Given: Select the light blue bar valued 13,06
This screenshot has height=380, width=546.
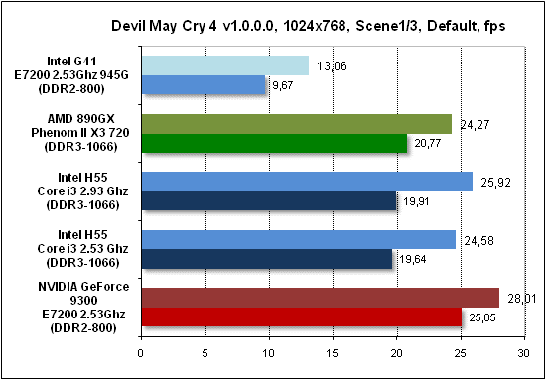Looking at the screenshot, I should click(225, 65).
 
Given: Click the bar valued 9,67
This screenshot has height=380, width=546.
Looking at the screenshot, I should click(205, 86).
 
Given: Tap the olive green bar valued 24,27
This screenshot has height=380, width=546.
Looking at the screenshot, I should click(296, 124).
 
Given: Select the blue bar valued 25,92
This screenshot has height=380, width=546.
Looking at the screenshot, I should click(307, 182).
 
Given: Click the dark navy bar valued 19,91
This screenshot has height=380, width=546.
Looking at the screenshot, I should click(269, 201).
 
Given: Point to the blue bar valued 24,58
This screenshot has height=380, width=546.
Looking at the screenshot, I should click(298, 239).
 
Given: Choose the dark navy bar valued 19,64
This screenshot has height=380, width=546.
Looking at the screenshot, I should click(267, 259).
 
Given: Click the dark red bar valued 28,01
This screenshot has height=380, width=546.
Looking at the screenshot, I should click(320, 297).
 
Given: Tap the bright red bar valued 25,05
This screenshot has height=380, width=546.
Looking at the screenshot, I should click(301, 317).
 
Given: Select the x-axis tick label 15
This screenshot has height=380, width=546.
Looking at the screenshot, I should click(333, 351).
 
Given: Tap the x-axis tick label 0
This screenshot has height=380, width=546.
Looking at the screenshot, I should click(141, 351).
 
